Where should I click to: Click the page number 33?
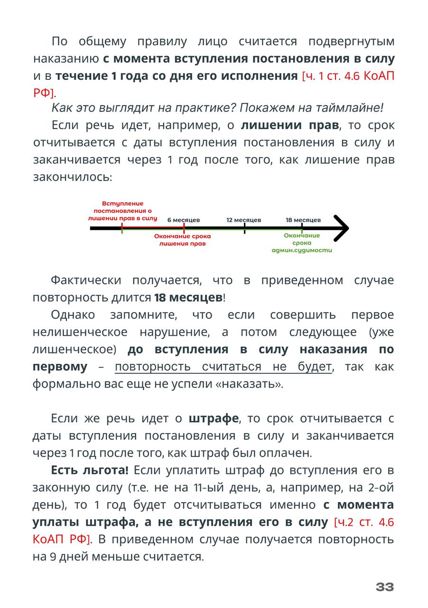point(384,587)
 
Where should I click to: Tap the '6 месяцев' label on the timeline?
point(183,220)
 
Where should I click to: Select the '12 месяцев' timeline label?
point(243,220)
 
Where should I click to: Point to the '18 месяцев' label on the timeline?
point(303,220)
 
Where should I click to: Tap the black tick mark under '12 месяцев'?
point(244,229)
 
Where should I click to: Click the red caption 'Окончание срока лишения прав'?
point(183,239)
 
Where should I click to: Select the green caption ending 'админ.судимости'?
point(302,243)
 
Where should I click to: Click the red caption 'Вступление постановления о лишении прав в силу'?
point(122,210)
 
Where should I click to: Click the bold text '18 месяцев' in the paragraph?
point(188,298)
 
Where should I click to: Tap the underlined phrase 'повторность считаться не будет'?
point(223,367)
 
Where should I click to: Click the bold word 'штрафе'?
point(214,418)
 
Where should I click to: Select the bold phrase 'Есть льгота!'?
point(90,470)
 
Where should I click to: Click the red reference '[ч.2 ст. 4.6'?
point(364,522)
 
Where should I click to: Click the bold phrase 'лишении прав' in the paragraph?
point(290,125)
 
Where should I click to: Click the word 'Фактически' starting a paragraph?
point(86,280)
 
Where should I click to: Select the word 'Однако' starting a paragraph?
point(73,315)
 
